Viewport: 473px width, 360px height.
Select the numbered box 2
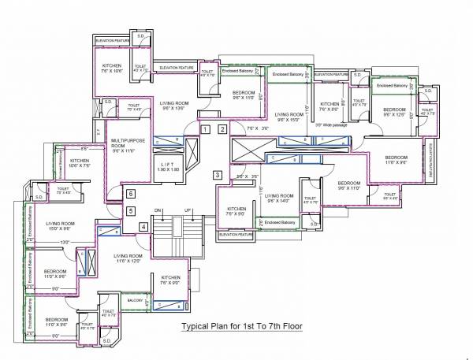[x=223, y=129]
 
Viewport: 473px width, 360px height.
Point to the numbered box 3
[x=218, y=174]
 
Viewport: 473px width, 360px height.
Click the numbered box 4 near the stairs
[x=143, y=228]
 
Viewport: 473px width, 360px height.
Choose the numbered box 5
[x=132, y=210]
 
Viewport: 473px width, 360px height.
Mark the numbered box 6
[x=132, y=193]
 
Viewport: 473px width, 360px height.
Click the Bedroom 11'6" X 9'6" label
[x=396, y=160]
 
